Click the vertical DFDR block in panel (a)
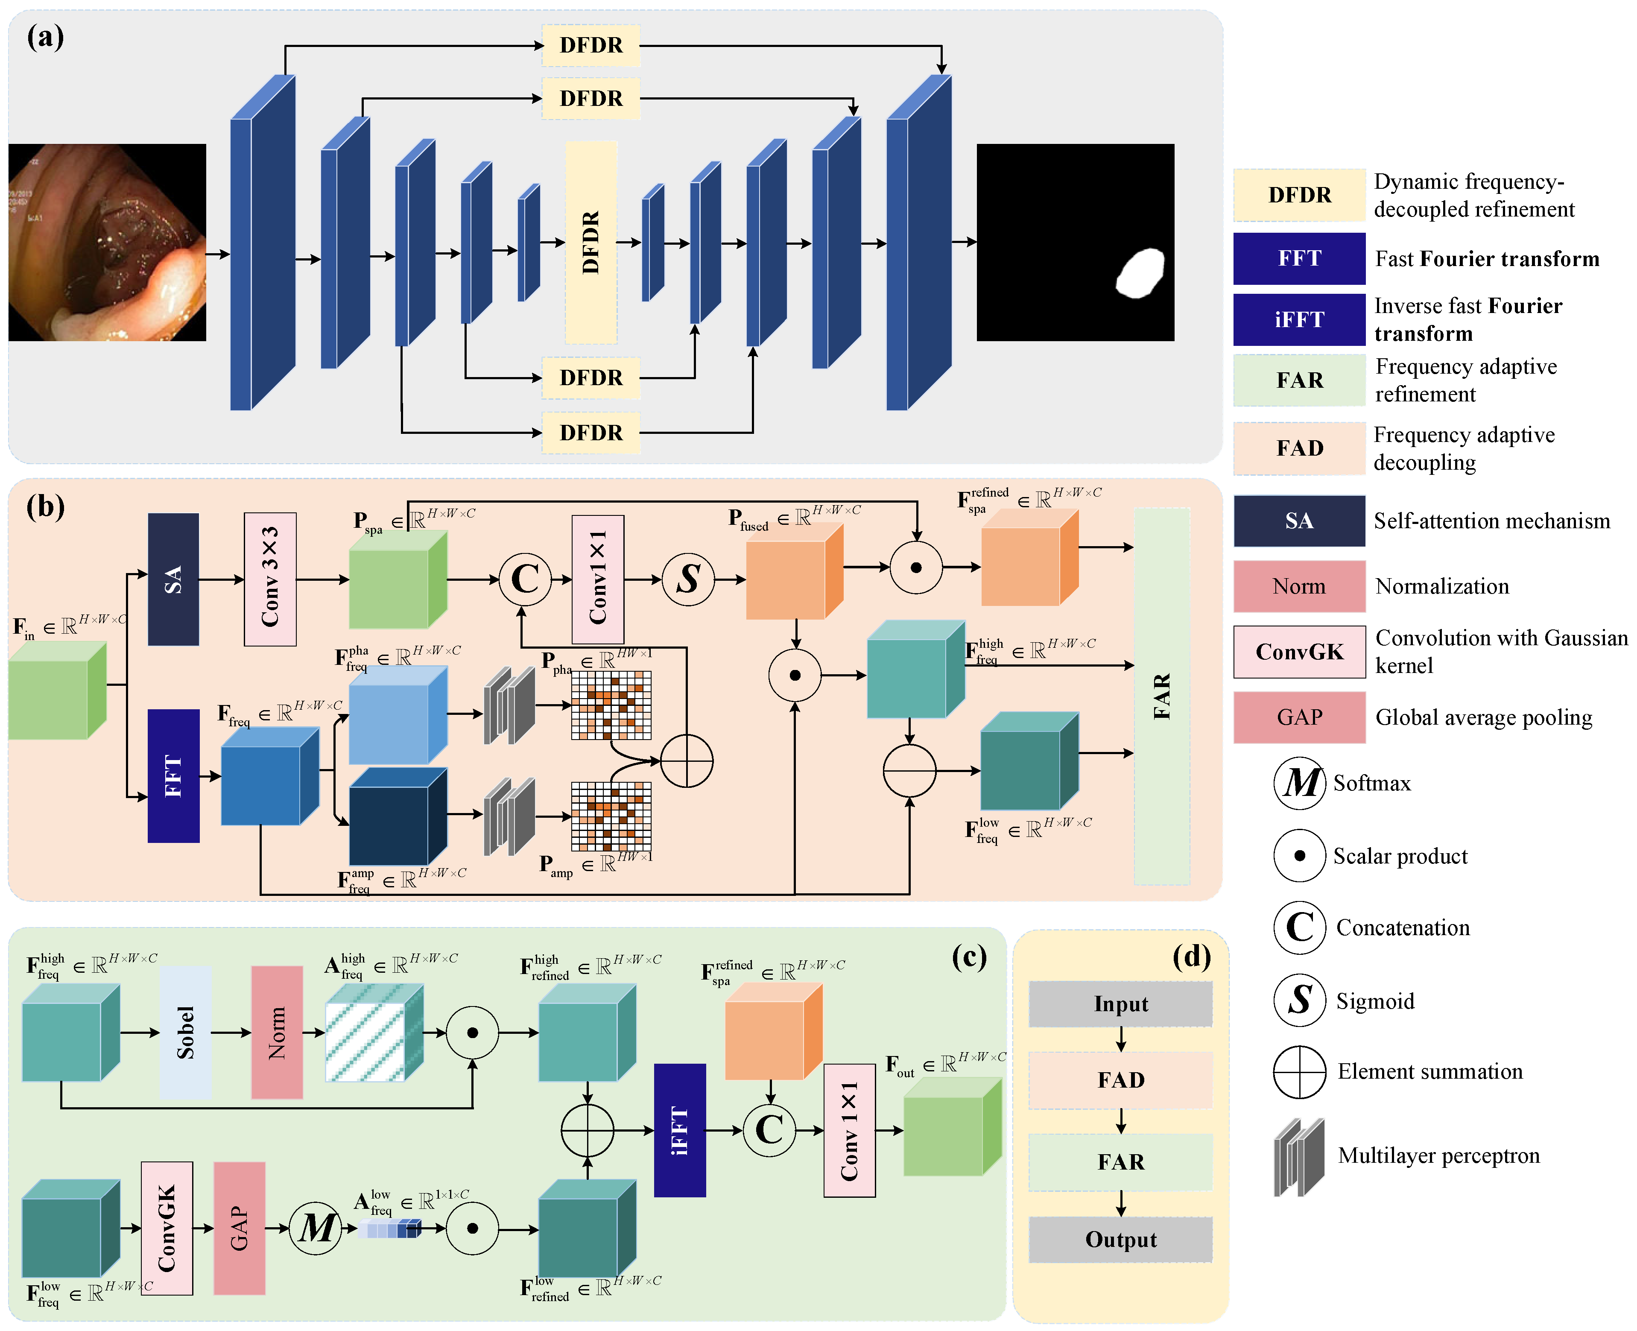click(x=590, y=242)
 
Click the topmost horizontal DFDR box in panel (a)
click(x=590, y=45)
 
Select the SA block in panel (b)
click(x=173, y=579)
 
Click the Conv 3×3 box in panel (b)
click(x=270, y=579)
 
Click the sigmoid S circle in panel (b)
click(x=688, y=579)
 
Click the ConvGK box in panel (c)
click(x=167, y=1228)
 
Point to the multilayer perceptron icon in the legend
click(x=1299, y=1156)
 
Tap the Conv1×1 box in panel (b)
click(x=597, y=579)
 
